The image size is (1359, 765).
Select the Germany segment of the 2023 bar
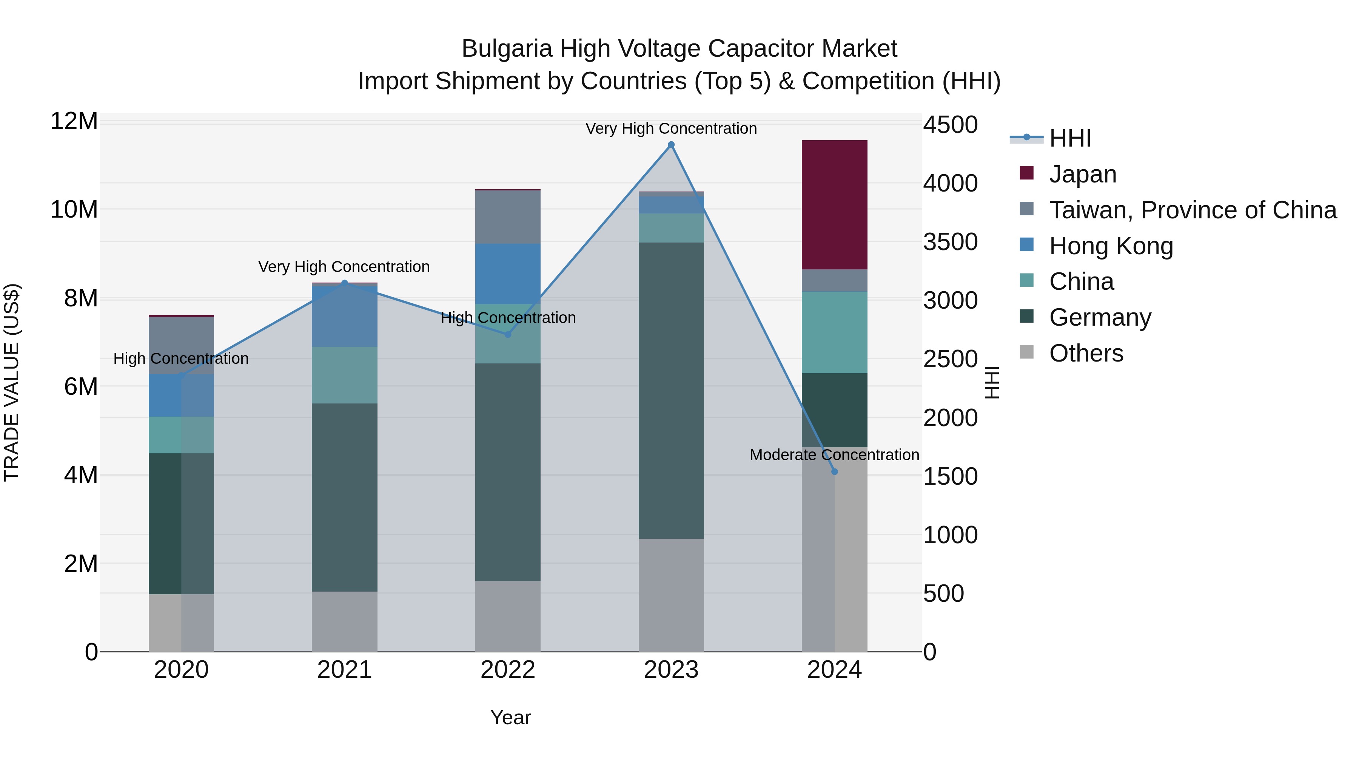pos(671,391)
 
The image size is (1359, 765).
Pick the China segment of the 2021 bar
pos(345,375)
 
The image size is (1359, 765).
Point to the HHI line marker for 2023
pos(671,145)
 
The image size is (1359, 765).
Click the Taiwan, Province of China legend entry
pos(1192,210)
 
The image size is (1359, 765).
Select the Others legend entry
pos(1086,353)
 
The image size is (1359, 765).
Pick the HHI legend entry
pos(1069,138)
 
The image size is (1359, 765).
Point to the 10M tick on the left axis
pos(74,210)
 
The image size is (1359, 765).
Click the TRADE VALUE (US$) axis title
pos(12,382)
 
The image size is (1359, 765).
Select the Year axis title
pos(510,717)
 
